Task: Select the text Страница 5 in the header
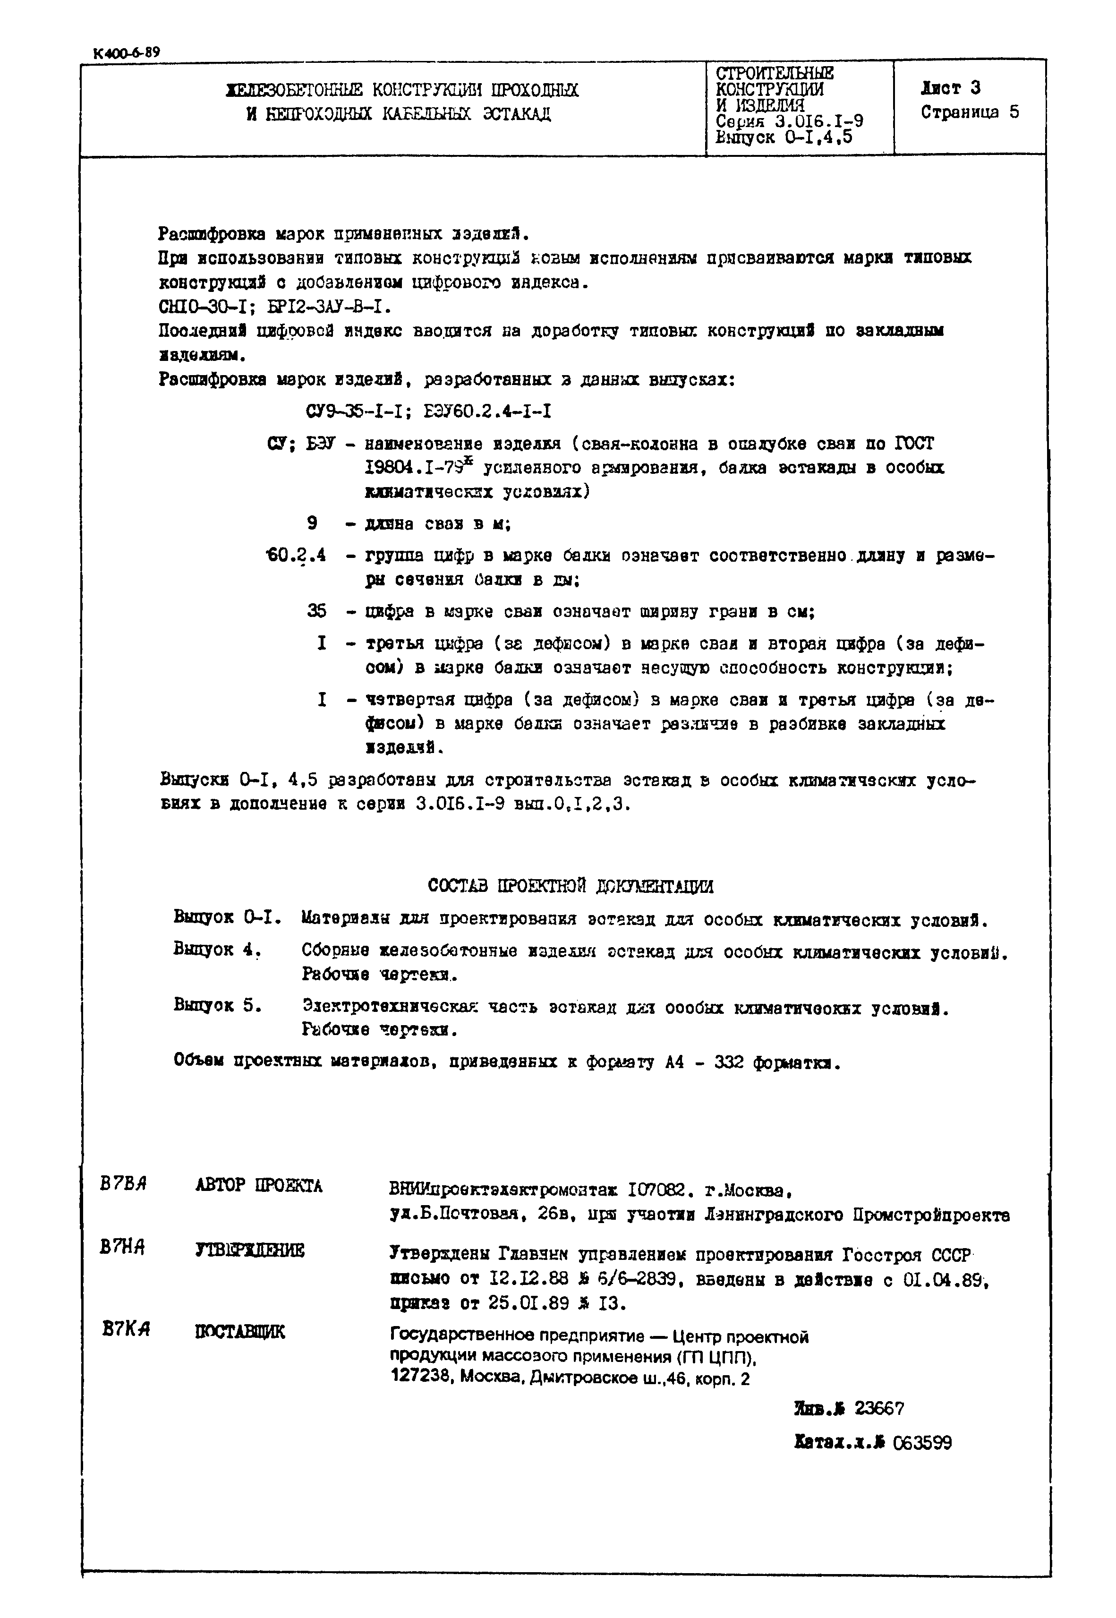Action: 970,112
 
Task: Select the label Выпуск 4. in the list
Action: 217,950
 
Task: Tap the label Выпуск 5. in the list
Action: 217,1006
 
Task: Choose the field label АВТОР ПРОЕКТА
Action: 259,1186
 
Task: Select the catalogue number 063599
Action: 922,1442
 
